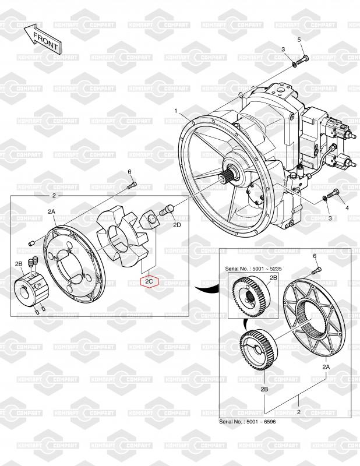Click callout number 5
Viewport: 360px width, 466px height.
299,40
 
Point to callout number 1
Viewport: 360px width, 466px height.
176,111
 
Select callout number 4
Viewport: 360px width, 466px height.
347,208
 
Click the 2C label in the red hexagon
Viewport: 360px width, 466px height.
150,281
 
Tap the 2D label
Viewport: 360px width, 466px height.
177,225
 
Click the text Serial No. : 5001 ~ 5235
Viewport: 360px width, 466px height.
253,269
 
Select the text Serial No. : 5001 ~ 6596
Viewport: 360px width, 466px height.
248,421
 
